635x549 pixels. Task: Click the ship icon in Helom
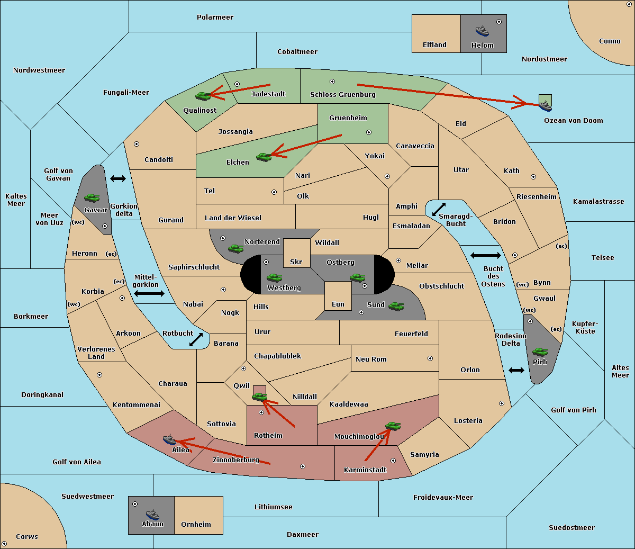[482, 31]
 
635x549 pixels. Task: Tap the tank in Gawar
[92, 197]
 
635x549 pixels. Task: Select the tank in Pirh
[540, 352]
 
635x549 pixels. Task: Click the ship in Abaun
[153, 515]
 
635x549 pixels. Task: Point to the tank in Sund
[396, 306]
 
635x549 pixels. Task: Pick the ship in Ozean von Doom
[545, 106]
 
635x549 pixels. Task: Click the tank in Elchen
[264, 157]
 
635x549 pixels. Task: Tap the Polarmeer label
[215, 17]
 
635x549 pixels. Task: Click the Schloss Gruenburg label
[343, 94]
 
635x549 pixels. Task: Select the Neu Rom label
[371, 359]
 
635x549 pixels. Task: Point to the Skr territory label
[296, 262]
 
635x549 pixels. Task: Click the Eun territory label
[338, 304]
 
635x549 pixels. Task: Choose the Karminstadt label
[365, 470]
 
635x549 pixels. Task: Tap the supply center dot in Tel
[274, 192]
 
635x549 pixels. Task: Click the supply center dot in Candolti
[137, 144]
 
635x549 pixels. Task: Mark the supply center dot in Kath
[533, 177]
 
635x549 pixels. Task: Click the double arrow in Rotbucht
[196, 340]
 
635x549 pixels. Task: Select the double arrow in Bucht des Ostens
[486, 255]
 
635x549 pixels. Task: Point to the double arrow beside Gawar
[118, 178]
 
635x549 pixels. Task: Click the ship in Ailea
[169, 439]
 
